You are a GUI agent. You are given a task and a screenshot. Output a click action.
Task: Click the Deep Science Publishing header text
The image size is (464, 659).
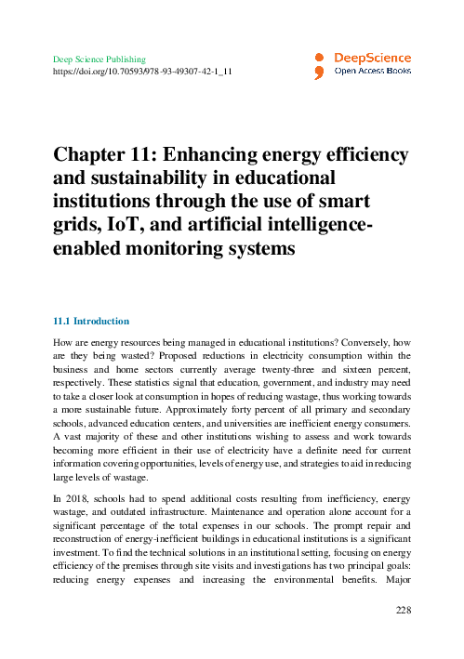(x=99, y=59)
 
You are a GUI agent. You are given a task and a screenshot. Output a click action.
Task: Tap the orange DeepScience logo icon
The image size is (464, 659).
(x=319, y=65)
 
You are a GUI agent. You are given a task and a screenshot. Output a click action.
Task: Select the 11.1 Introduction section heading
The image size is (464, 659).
(x=91, y=321)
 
